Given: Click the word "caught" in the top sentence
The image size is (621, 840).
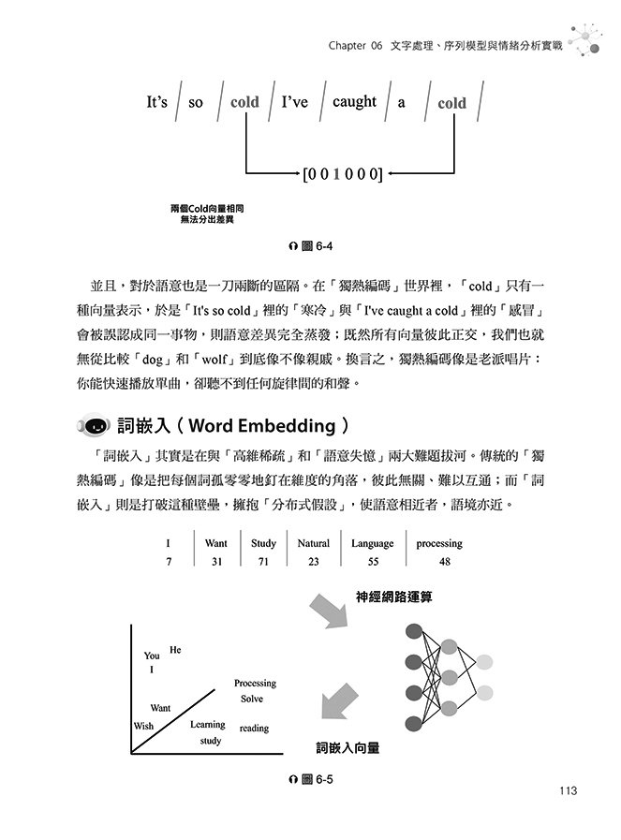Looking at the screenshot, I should tap(354, 102).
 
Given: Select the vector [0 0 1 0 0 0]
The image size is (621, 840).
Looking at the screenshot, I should tap(343, 172).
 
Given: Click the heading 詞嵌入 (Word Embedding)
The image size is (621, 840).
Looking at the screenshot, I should tap(233, 426).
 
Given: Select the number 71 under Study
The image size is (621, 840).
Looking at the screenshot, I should tap(263, 562).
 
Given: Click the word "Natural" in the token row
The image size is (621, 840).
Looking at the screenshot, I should tap(313, 543).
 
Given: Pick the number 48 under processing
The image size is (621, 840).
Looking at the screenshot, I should tap(445, 562).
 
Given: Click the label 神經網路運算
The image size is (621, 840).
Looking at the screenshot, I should tap(394, 596).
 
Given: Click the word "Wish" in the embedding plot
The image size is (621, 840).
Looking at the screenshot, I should tap(143, 726).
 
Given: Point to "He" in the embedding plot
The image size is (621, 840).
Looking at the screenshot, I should tap(175, 649).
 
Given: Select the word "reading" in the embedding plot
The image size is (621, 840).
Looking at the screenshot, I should tap(254, 728).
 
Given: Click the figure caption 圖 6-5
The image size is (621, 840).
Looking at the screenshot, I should tap(312, 779).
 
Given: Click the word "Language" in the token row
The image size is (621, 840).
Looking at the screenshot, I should tap(372, 543).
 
